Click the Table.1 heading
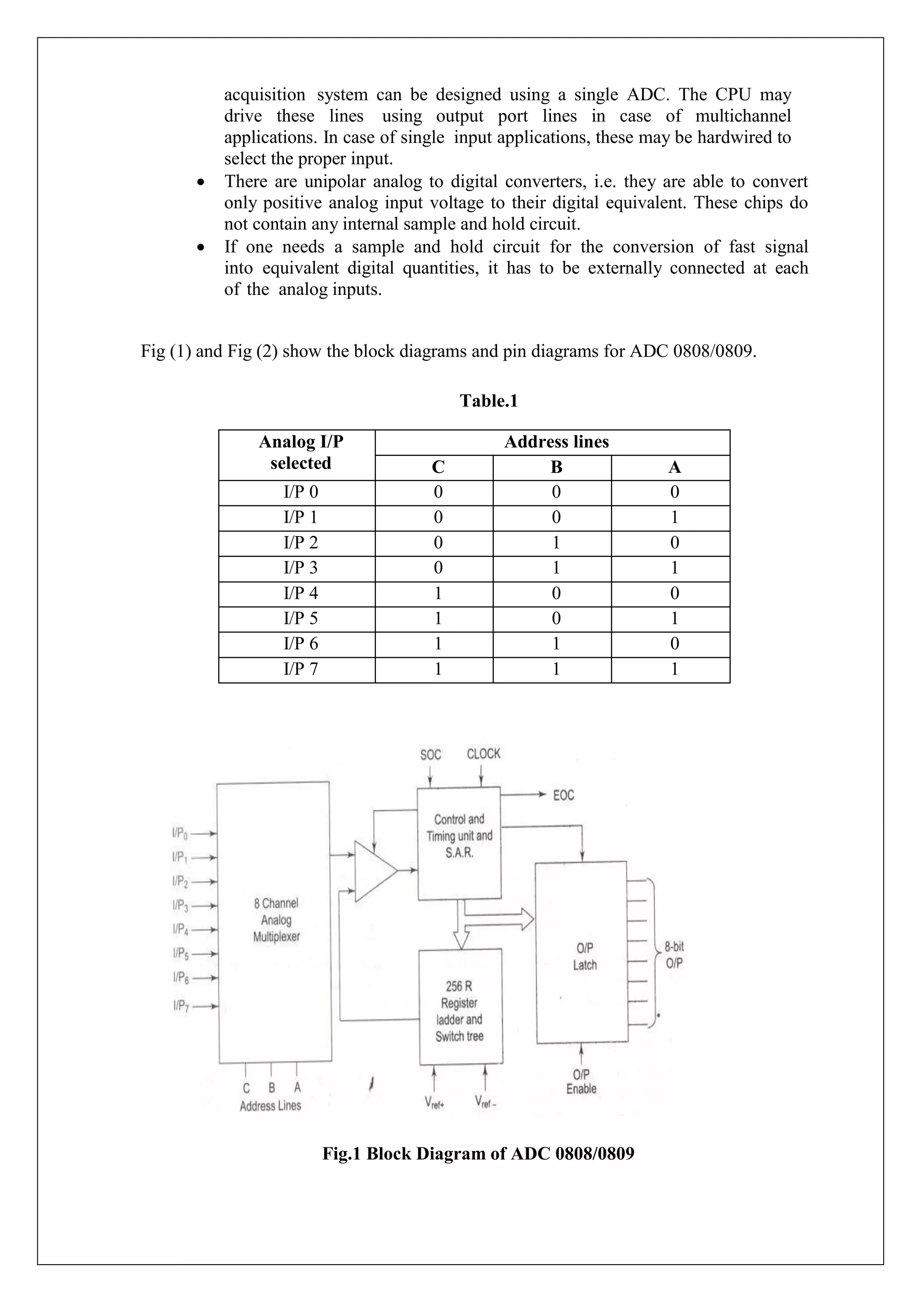[488, 401]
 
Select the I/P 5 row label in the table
[300, 618]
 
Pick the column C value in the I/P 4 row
[438, 593]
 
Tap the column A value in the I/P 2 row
[674, 543]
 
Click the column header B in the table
[556, 467]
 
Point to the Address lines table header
[556, 442]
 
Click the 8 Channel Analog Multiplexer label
[276, 919]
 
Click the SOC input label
[430, 755]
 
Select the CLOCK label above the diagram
[484, 754]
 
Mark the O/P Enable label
[581, 1081]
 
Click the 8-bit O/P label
[674, 955]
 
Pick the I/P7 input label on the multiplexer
[180, 1007]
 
